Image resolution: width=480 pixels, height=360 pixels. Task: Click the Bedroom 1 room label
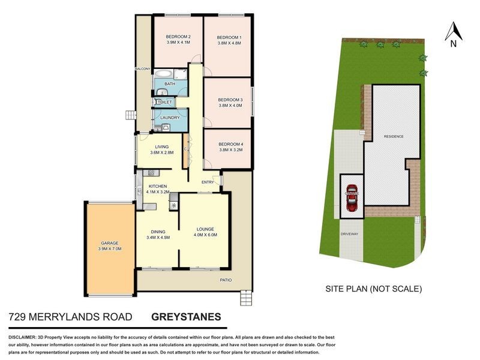[229, 36]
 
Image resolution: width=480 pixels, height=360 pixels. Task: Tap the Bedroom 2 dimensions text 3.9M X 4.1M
[178, 43]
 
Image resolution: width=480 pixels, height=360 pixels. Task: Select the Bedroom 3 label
[230, 99]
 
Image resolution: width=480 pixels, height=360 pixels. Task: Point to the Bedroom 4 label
[230, 144]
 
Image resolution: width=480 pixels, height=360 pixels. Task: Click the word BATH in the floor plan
[170, 84]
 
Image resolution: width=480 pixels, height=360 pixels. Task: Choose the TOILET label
[165, 103]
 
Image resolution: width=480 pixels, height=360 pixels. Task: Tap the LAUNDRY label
[170, 118]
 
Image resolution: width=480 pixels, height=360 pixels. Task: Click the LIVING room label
[161, 146]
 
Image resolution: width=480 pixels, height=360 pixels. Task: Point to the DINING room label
[158, 230]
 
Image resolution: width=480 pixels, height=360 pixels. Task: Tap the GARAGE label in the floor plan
[109, 242]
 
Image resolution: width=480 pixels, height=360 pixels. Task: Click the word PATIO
[225, 280]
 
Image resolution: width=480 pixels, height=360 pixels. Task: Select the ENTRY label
[208, 182]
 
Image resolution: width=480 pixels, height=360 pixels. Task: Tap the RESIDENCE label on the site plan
[394, 137]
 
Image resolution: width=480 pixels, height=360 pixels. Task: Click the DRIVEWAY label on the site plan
[349, 233]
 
